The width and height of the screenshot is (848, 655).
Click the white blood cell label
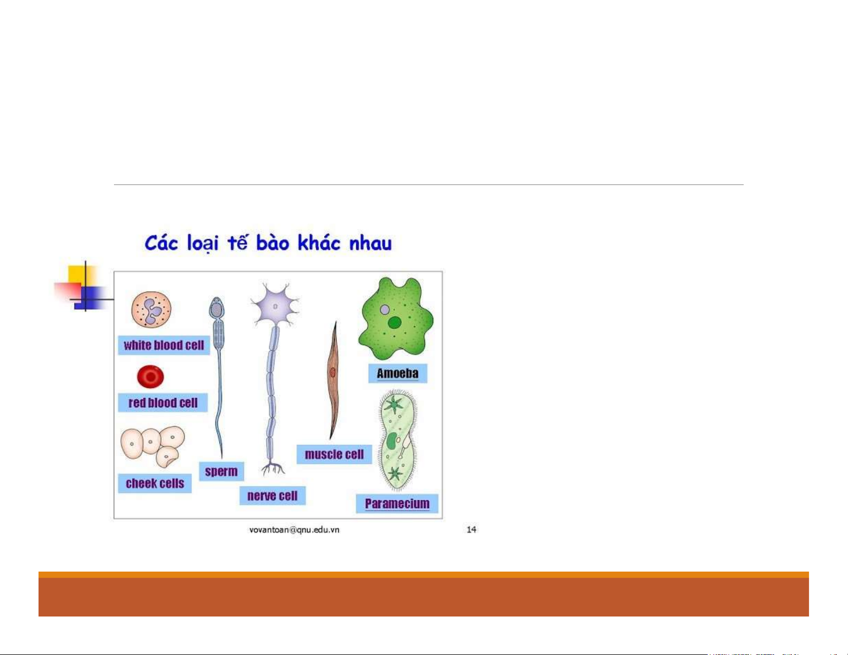coord(164,345)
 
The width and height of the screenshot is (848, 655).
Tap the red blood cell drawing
coord(150,376)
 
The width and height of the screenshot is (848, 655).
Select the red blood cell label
coord(163,402)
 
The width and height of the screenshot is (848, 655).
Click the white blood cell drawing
coord(151,310)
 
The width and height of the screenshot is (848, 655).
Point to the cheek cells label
coord(155,483)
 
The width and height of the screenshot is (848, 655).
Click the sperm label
coord(221,472)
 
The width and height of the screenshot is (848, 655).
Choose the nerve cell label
coord(272,496)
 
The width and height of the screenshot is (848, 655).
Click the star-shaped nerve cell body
coord(275,306)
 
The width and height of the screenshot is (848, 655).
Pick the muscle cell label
coord(334,454)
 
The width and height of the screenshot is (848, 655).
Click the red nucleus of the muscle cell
coord(332,372)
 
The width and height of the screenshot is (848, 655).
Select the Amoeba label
coord(398,374)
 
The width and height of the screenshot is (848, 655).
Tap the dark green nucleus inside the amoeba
coord(394,323)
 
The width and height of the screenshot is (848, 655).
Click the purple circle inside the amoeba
coord(385,310)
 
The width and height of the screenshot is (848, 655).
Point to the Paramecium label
coord(397,504)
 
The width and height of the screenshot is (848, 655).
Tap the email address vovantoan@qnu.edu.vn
coord(294,530)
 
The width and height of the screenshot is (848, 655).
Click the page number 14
coord(471,529)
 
